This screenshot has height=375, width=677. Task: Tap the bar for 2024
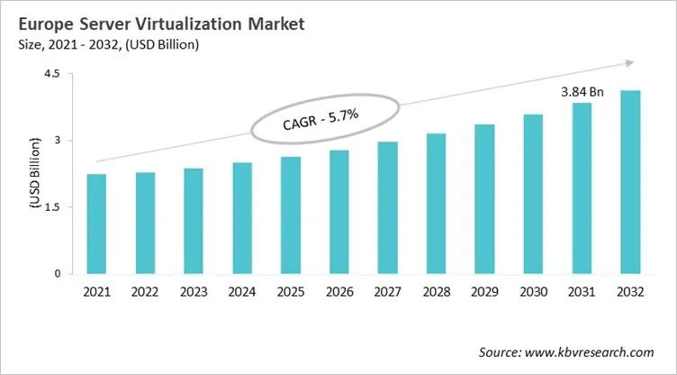pyautogui.click(x=242, y=218)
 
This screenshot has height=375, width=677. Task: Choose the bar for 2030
pyautogui.click(x=533, y=194)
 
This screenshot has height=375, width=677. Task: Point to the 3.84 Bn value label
pyautogui.click(x=581, y=91)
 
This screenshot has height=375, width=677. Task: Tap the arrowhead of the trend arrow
pyautogui.click(x=626, y=63)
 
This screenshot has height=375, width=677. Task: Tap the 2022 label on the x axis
pyautogui.click(x=145, y=292)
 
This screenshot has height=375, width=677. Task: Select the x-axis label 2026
pyautogui.click(x=338, y=292)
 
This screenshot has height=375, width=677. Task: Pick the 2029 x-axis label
pyautogui.click(x=484, y=292)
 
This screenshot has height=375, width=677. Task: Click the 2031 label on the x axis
pyautogui.click(x=581, y=292)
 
